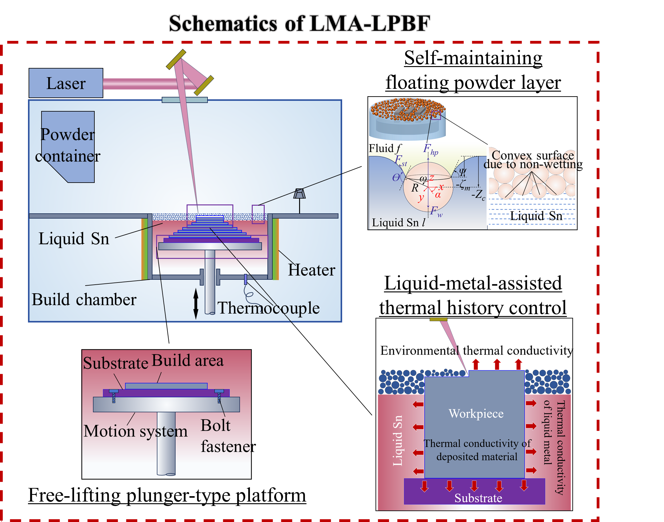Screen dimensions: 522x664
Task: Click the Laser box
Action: pos(66,83)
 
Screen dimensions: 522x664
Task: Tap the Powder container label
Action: pos(68,145)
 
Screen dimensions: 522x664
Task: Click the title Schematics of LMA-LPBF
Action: pos(299,23)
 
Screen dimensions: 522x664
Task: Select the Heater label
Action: pos(311,270)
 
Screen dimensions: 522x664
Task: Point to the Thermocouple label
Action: pos(268,308)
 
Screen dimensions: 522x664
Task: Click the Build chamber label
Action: pos(84,299)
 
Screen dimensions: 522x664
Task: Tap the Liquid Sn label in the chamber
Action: pos(74,239)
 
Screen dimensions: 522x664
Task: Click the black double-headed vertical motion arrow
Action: pos(196,304)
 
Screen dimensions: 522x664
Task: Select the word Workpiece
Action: pos(476,413)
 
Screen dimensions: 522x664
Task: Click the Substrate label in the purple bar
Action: pos(478,498)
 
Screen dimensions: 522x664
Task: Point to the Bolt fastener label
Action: pos(225,436)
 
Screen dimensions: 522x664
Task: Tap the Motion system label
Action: pos(135,431)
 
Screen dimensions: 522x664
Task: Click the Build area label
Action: pos(188,360)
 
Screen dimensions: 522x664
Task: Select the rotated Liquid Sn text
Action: pos(397,440)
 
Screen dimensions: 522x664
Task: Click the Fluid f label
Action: pos(385,148)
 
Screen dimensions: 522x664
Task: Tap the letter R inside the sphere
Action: pos(415,188)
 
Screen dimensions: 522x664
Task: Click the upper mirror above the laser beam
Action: pos(176,59)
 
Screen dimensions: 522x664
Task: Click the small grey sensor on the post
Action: pos(299,194)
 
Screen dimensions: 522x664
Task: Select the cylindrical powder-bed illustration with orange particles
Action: pos(407,118)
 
